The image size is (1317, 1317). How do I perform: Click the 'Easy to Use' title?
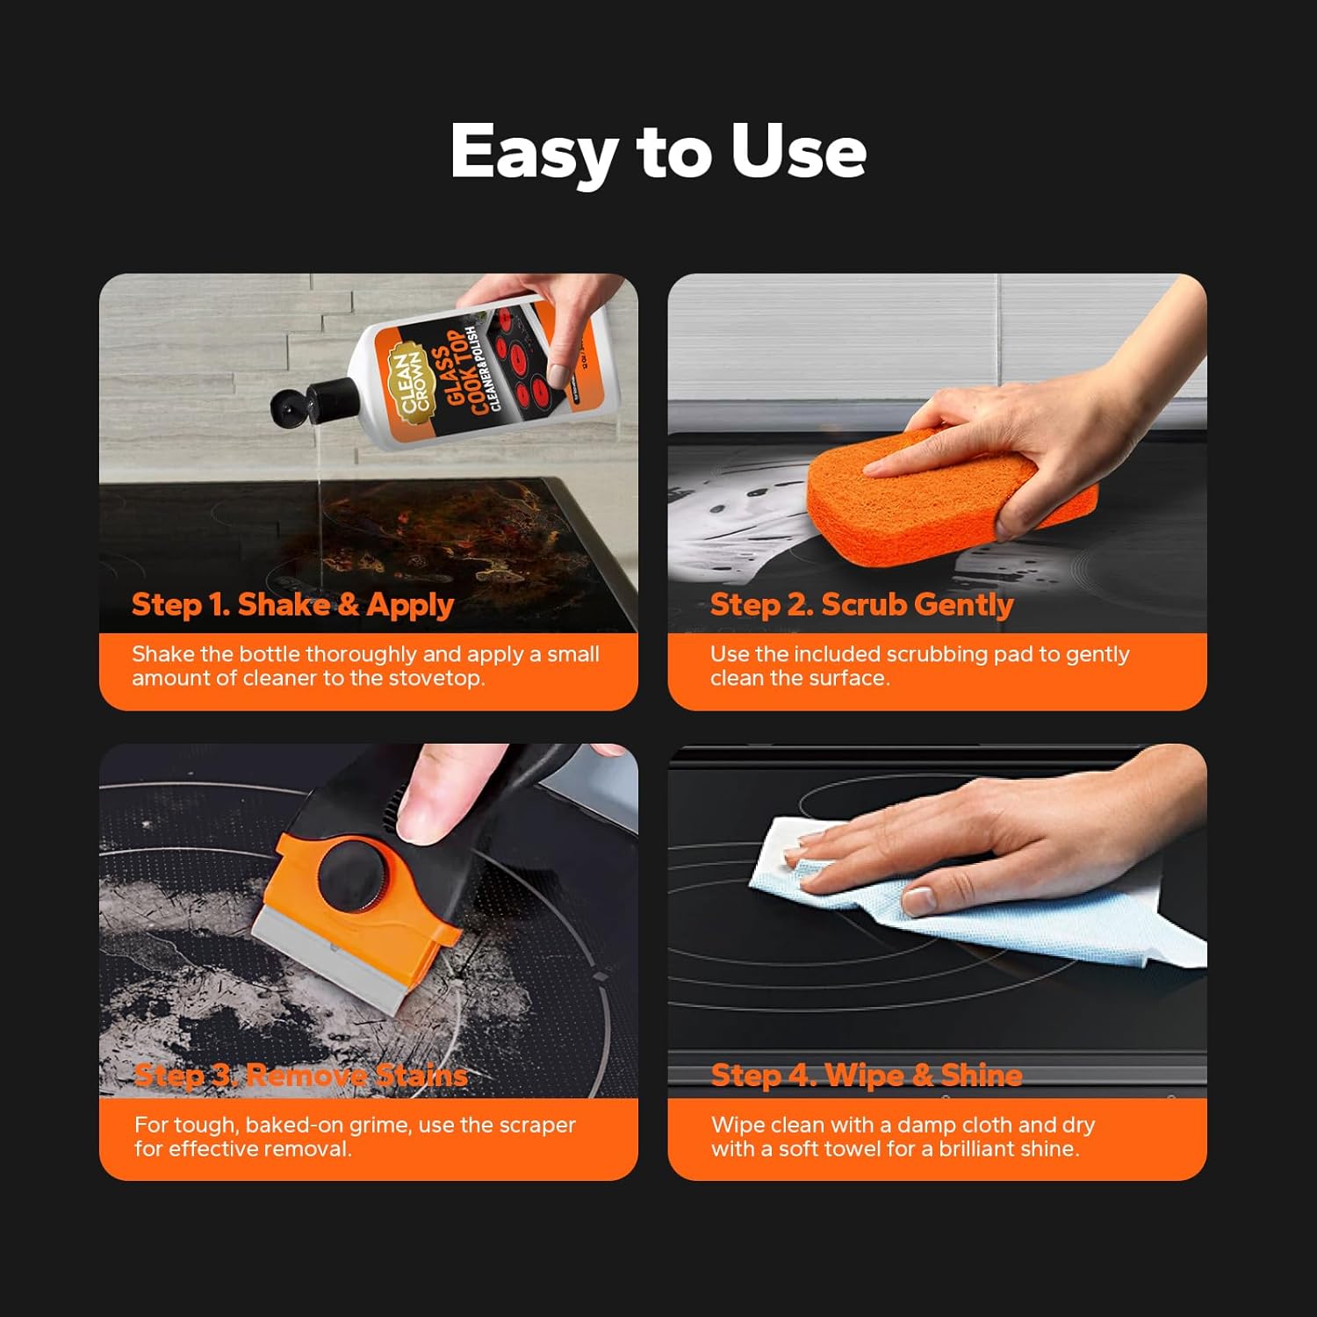[658, 151]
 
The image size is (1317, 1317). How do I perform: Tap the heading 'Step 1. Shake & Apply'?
[292, 605]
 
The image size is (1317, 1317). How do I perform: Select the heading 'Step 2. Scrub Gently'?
[861, 605]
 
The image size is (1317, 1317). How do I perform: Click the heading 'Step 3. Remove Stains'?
[300, 1076]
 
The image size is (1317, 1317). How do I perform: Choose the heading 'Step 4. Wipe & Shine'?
[867, 1076]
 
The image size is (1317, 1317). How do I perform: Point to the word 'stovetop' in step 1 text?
[435, 679]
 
